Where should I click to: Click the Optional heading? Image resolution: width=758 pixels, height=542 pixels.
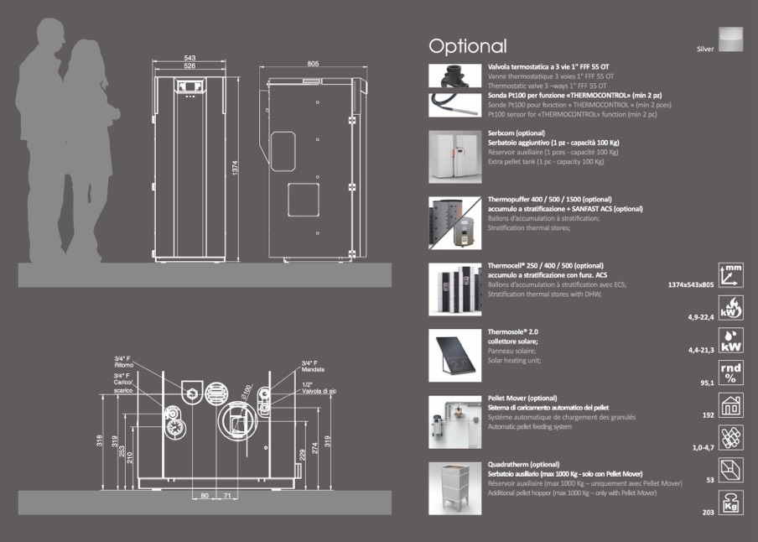[x=467, y=46]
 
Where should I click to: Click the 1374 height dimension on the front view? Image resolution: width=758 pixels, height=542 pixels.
[x=236, y=168]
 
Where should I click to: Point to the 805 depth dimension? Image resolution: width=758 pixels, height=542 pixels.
[x=314, y=64]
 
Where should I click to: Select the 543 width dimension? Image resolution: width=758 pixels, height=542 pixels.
[x=189, y=58]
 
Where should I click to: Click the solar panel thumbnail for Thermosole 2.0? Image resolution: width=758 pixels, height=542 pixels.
[x=453, y=354]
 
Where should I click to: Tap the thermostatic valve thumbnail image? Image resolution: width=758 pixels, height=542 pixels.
[x=453, y=76]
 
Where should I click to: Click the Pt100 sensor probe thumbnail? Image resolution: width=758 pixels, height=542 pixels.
[x=453, y=103]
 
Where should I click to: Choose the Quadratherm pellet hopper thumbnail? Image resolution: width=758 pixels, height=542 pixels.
[x=453, y=488]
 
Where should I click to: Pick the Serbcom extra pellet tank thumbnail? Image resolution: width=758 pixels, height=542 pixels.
[x=453, y=156]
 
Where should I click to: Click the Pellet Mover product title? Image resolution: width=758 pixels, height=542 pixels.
[x=522, y=398]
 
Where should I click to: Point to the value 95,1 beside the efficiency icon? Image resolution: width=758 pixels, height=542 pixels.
[x=706, y=383]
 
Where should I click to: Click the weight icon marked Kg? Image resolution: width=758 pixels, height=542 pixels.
[x=731, y=502]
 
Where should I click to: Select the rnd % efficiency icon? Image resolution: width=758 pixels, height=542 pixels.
[x=731, y=371]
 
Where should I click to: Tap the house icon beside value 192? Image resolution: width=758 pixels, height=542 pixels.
[x=731, y=404]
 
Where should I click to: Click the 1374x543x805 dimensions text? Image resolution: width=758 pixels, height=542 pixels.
[x=690, y=285]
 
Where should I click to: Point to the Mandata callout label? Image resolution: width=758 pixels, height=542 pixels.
[x=313, y=369]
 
